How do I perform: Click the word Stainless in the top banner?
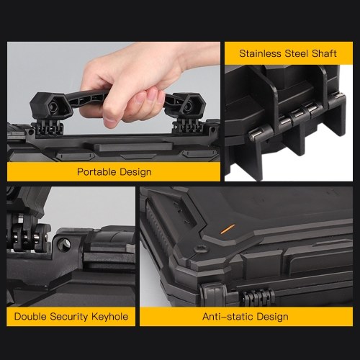(260, 53)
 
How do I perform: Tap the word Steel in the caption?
(296, 53)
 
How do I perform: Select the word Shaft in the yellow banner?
(324, 53)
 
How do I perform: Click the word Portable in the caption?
(96, 172)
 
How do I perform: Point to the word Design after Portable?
(135, 172)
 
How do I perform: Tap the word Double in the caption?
(30, 316)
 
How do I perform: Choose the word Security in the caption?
(69, 317)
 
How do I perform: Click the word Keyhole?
(110, 317)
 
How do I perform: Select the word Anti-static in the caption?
(228, 316)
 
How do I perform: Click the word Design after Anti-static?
(272, 317)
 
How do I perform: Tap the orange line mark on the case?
(228, 229)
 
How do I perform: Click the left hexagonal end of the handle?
(51, 106)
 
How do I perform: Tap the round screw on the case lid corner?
(200, 249)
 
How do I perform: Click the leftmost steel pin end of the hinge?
(253, 136)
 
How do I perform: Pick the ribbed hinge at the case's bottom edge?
(257, 297)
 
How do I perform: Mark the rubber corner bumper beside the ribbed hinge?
(215, 294)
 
